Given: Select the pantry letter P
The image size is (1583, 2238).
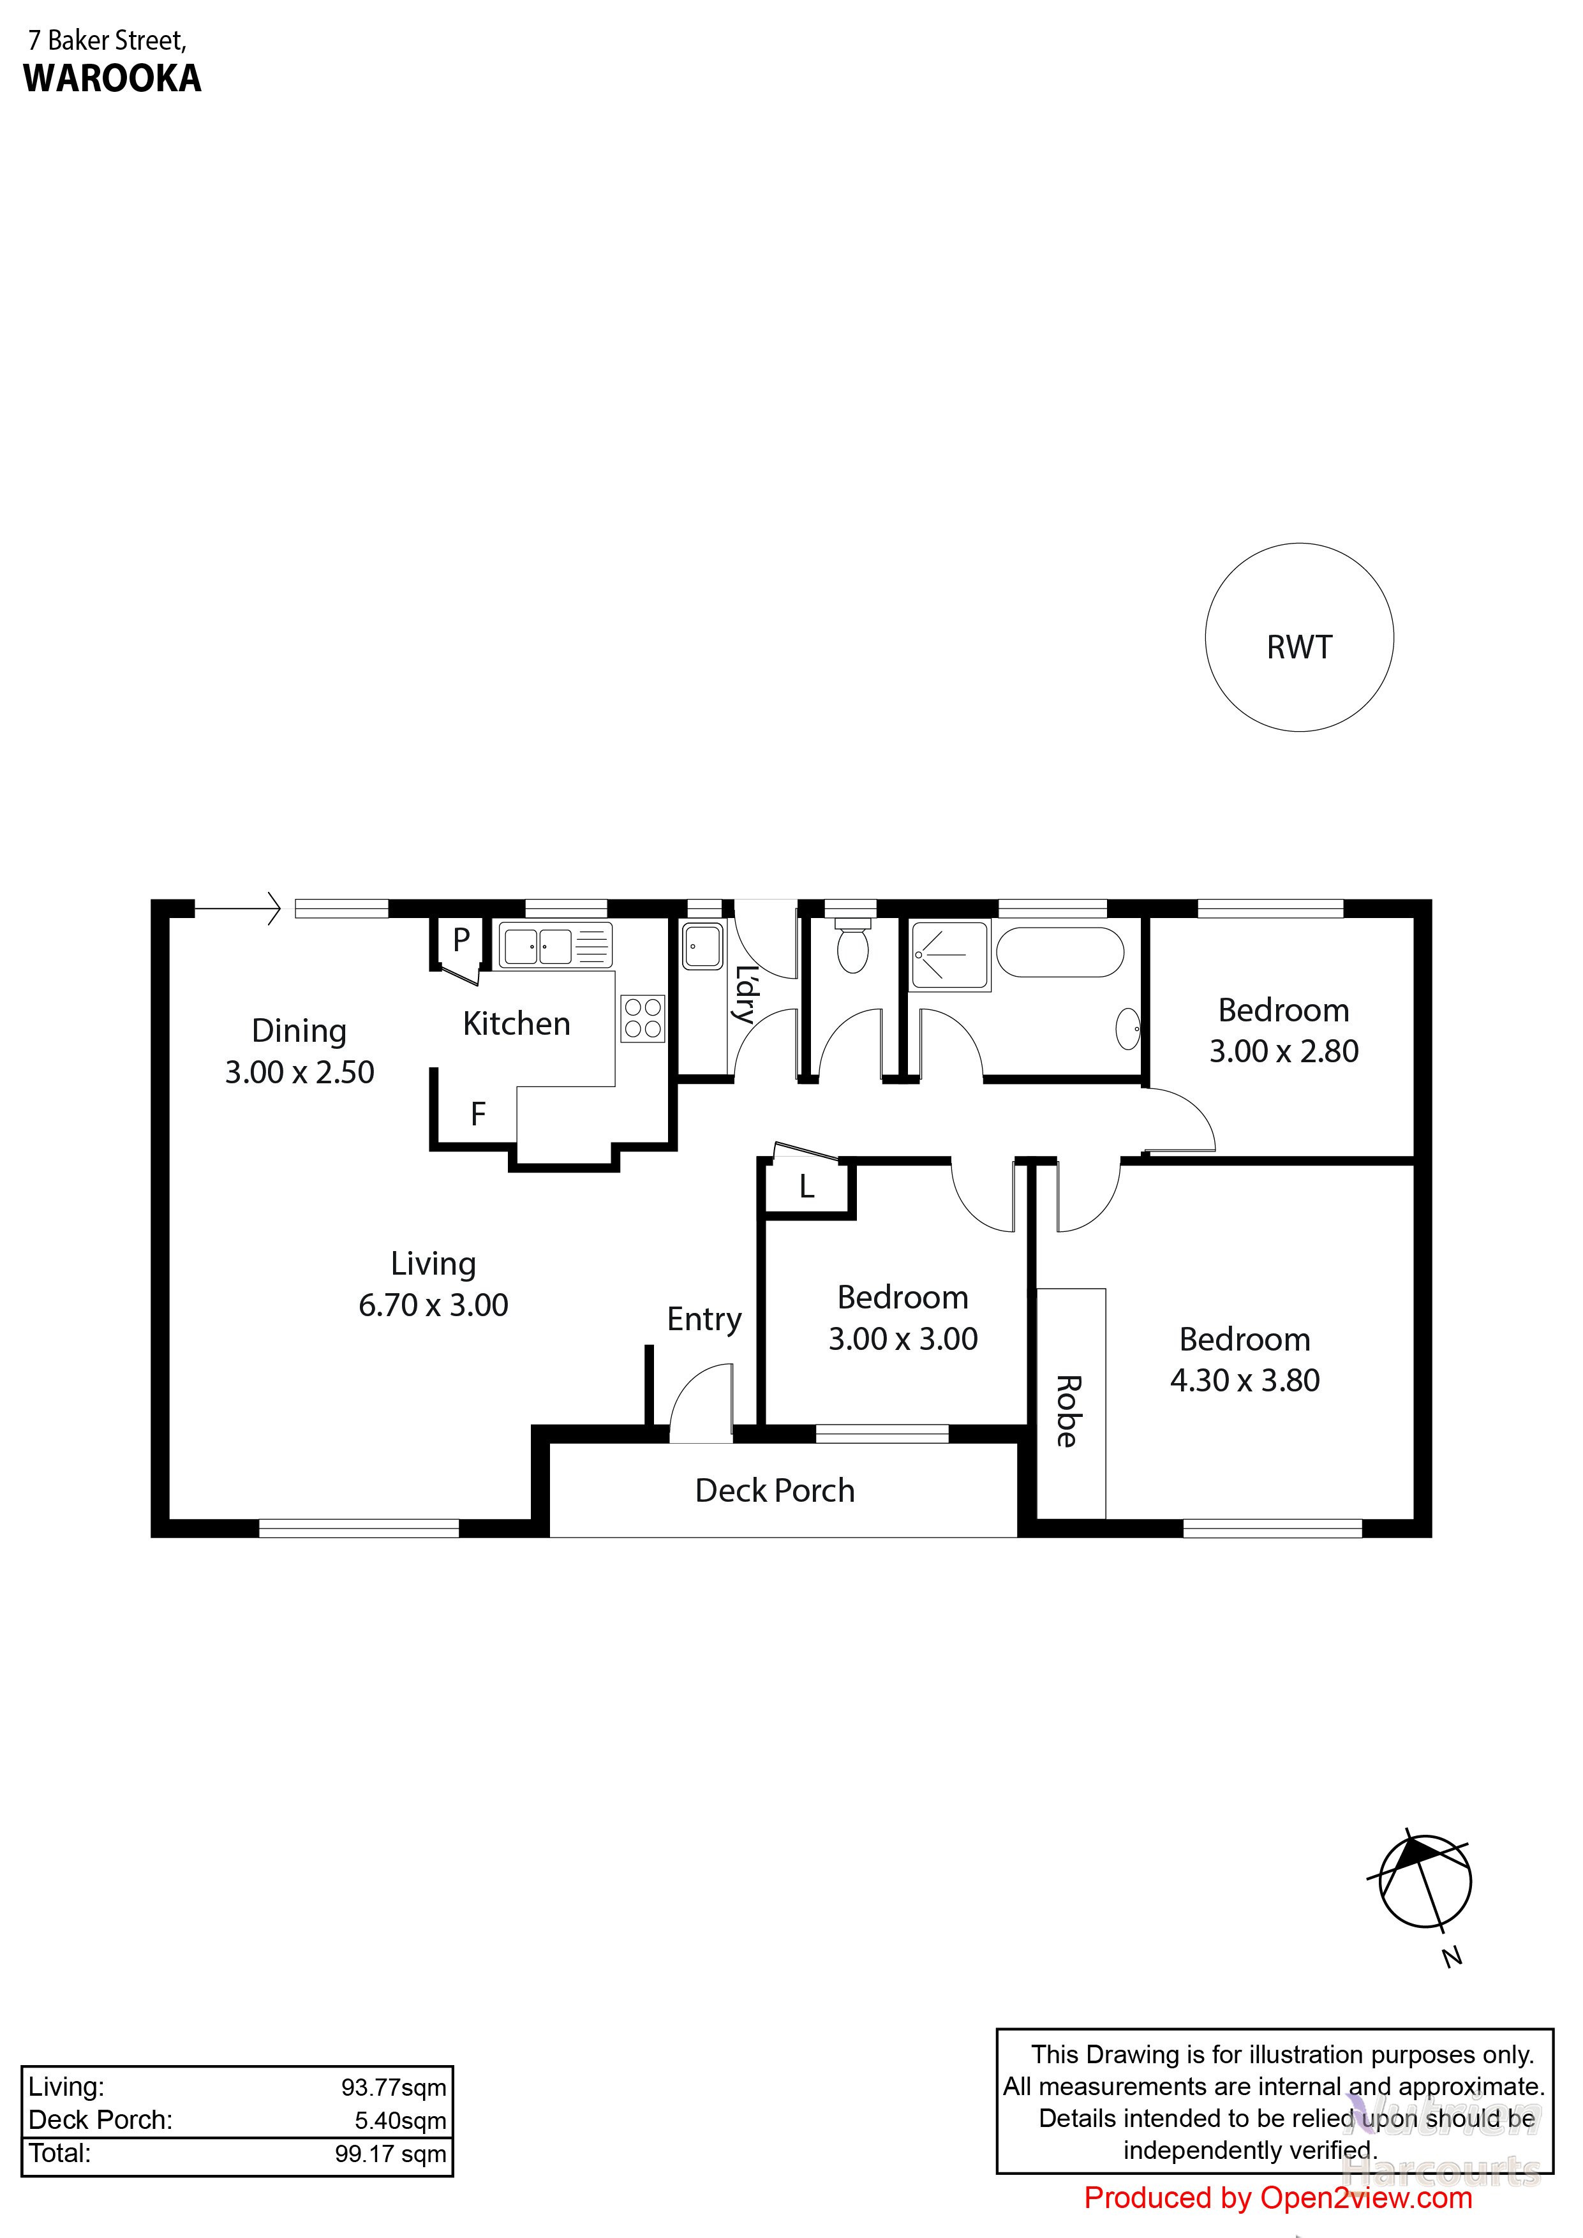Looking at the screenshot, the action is [461, 940].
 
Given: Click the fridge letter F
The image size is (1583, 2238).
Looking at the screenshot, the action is [478, 1114].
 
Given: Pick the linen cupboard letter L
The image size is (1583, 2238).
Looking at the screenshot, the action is [806, 1186].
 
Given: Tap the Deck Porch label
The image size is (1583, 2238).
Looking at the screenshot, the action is [775, 1490].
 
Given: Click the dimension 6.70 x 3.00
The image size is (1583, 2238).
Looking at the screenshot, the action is [434, 1305].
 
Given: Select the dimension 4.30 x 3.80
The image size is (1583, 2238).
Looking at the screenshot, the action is [1245, 1380].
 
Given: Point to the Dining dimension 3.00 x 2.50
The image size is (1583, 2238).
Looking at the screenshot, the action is [299, 1072].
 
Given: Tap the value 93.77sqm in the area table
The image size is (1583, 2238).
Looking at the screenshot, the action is [394, 2087].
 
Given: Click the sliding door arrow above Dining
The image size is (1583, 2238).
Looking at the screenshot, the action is [238, 908].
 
